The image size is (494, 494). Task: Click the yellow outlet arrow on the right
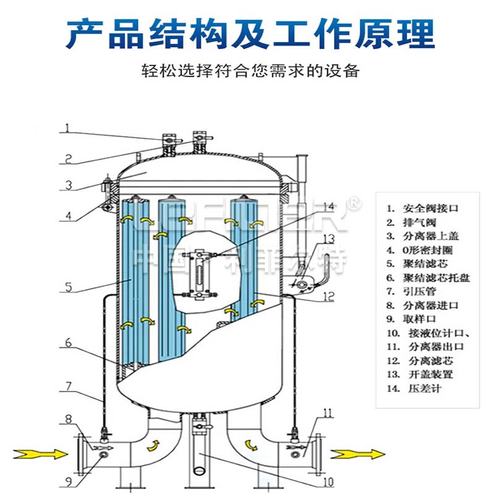coord(350,454)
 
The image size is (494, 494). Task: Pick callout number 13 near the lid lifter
coord(329,238)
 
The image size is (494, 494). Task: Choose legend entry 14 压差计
coord(414,388)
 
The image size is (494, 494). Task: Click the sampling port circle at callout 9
coord(103,454)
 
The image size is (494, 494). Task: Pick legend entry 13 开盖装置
coord(421,374)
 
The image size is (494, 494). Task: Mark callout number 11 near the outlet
coord(329,411)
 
